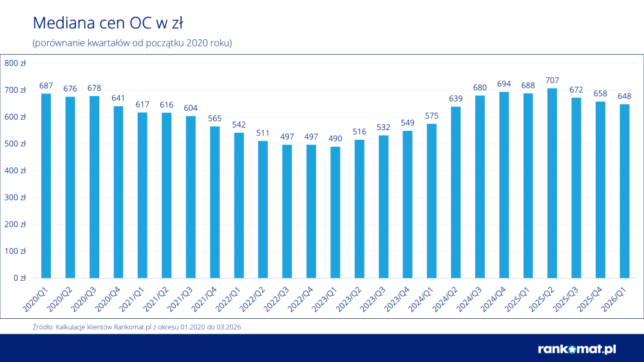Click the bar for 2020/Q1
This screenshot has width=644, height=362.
46,186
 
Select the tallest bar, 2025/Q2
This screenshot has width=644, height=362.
552,184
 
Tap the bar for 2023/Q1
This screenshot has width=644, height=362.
335,213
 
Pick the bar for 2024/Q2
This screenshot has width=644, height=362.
456,193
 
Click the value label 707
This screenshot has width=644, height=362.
552,81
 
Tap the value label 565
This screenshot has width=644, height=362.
214,119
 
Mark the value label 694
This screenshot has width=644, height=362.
504,84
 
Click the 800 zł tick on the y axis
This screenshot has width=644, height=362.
15,63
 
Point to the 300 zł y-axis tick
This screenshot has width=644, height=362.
15,198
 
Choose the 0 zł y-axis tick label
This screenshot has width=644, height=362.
19,278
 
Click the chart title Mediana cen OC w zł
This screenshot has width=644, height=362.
108,24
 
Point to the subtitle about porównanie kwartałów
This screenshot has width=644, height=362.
131,43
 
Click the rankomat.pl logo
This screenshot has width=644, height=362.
576,348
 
